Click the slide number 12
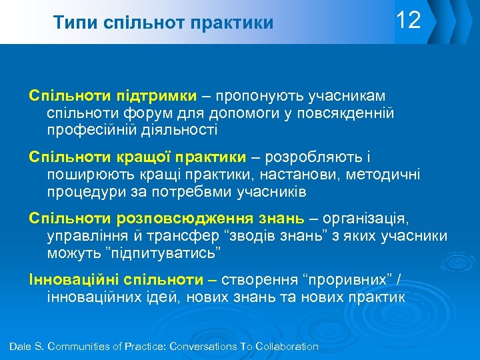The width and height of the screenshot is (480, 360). [408, 21]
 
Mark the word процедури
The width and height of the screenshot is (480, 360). [87, 192]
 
